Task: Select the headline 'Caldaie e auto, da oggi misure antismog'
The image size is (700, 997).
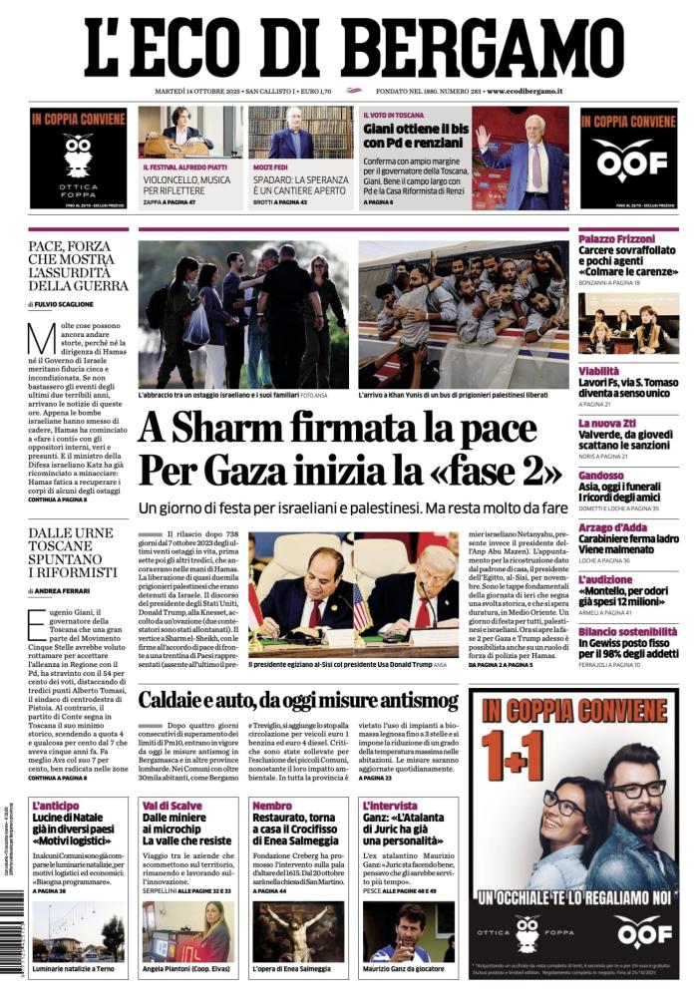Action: coord(298,700)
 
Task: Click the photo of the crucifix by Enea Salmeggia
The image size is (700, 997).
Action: coord(297,933)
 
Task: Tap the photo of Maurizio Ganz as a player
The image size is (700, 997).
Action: coord(408,933)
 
